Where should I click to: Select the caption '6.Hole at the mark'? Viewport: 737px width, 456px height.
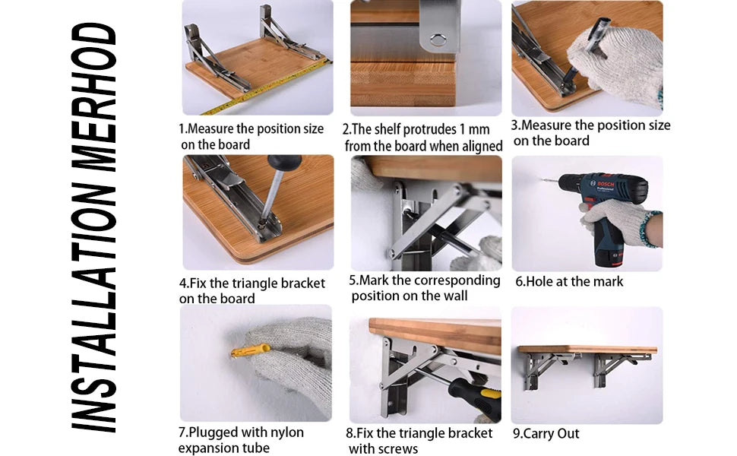[569, 282]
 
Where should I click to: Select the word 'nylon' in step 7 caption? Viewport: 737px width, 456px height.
[286, 432]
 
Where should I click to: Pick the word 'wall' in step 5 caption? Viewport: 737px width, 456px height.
[454, 296]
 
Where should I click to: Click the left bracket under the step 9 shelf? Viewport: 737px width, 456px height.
[540, 369]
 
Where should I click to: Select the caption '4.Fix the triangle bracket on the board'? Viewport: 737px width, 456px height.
[251, 290]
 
